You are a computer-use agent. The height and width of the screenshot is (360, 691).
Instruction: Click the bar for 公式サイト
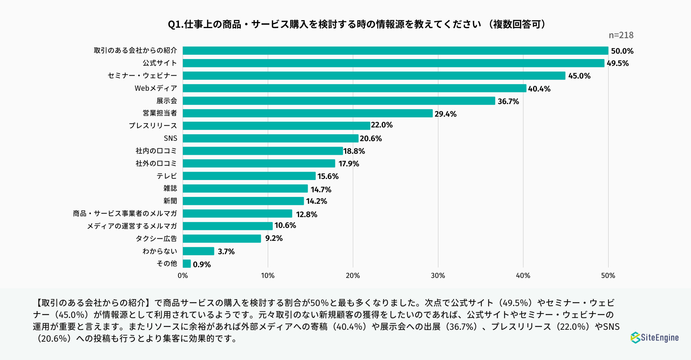tap(393, 63)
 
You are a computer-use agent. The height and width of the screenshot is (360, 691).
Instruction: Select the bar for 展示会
tap(339, 101)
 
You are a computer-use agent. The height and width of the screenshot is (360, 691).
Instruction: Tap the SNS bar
tap(270, 138)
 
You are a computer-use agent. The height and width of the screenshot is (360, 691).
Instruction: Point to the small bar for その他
tap(186, 264)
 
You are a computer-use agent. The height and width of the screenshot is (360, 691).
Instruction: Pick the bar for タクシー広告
tap(222, 239)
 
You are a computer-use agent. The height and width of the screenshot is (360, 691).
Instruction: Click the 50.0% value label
tap(622, 51)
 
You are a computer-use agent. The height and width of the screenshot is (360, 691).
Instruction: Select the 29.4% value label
tap(445, 114)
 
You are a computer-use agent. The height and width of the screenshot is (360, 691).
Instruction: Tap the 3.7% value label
tap(226, 252)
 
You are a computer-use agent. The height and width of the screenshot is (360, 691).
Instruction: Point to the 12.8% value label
tap(306, 215)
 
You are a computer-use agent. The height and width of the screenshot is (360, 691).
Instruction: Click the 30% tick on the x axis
tap(438, 276)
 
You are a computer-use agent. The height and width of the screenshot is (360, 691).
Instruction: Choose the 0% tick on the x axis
tap(182, 276)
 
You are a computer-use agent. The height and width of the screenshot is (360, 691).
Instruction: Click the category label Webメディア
tap(156, 88)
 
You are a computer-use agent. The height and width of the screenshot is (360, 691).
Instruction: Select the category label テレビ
tap(167, 176)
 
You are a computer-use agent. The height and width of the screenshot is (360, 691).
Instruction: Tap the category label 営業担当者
tap(160, 113)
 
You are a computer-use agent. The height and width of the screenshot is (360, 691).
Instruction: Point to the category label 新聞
tap(170, 201)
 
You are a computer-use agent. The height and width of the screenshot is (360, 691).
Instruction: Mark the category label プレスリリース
tap(153, 126)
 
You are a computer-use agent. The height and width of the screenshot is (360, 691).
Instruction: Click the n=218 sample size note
tap(621, 35)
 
